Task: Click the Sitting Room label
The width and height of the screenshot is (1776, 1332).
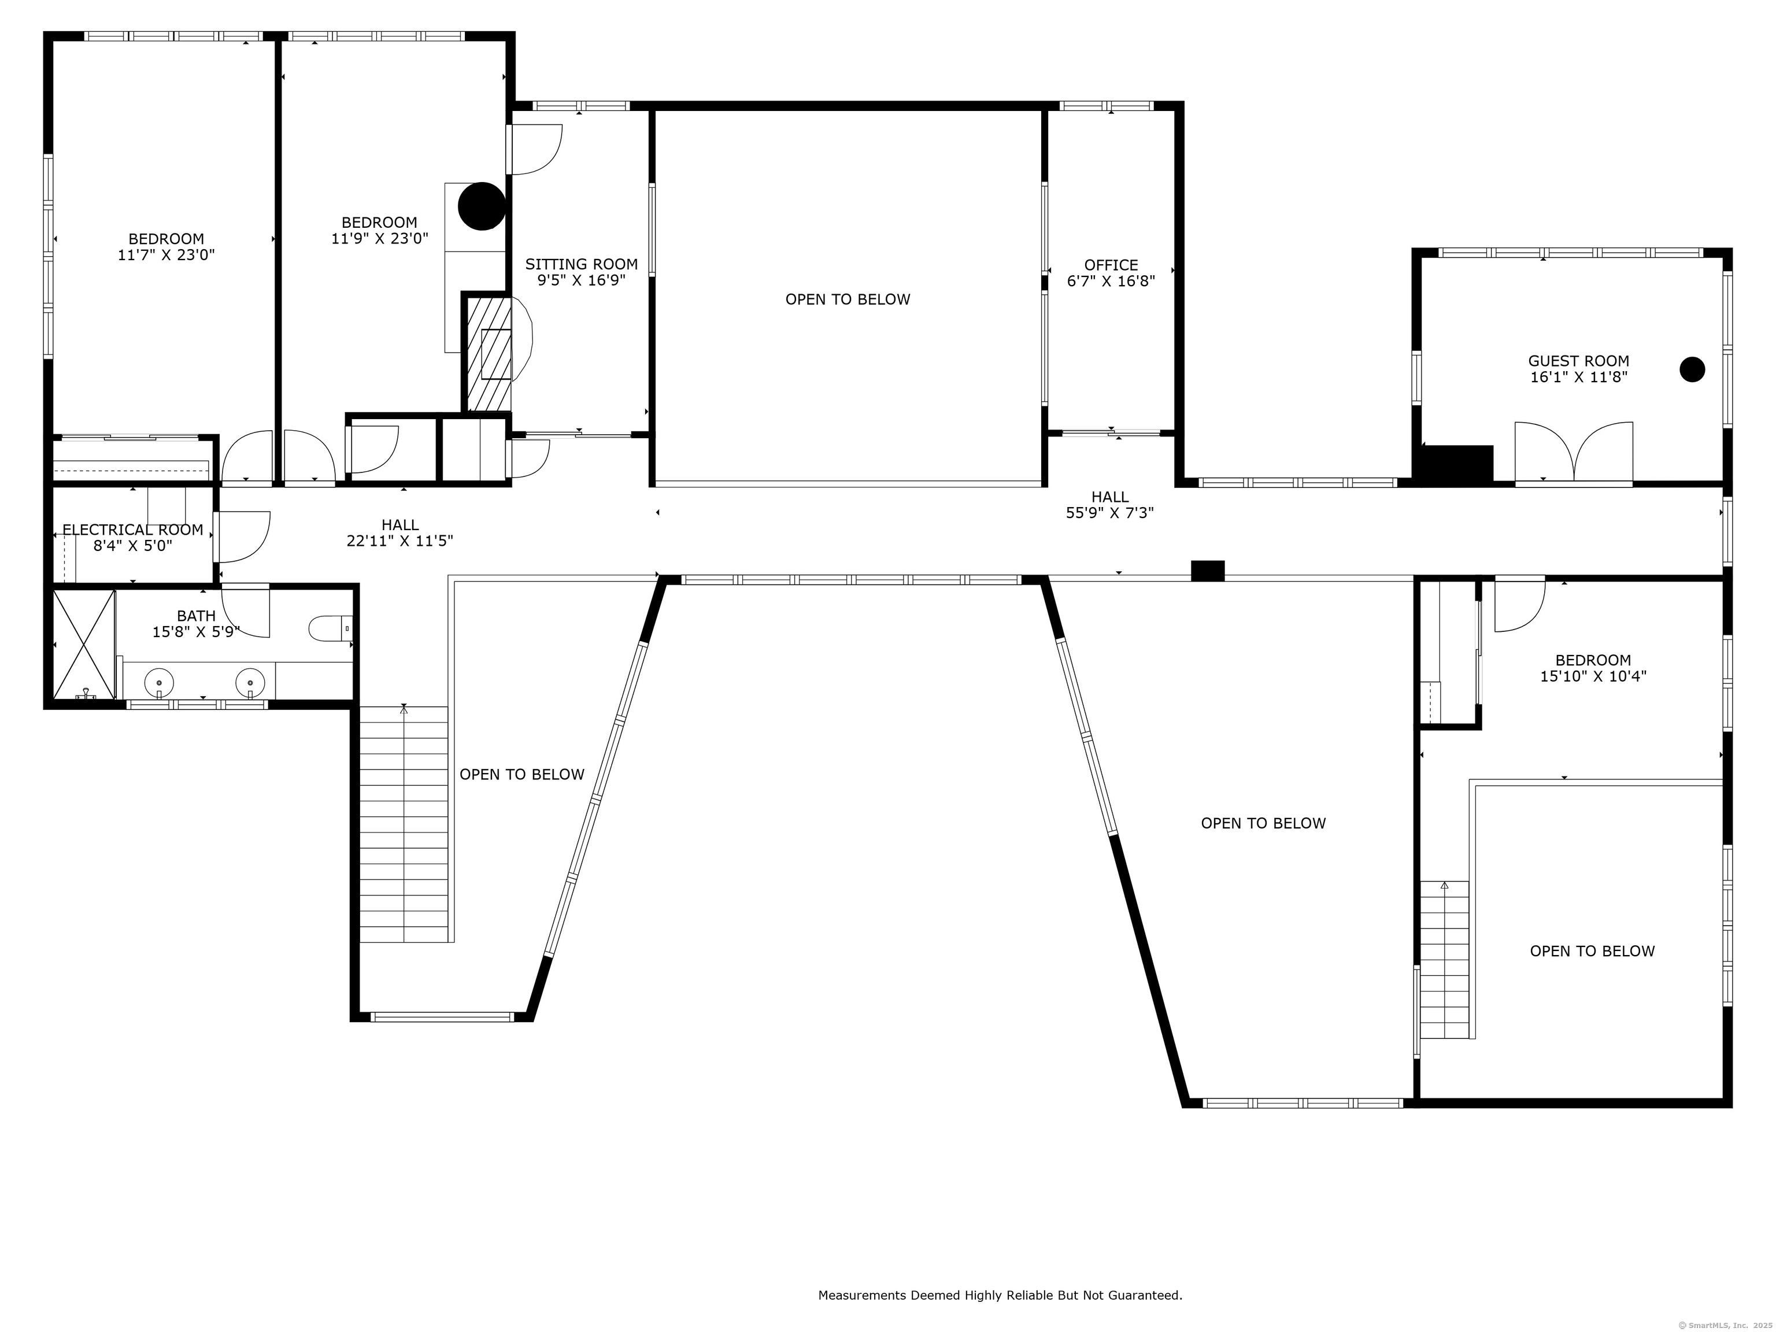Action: coord(581,264)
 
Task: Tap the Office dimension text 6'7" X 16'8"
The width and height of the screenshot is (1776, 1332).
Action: coord(1111,281)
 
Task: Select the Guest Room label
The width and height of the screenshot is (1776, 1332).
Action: coord(1578,361)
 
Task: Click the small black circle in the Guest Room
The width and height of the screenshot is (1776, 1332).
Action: coord(1692,369)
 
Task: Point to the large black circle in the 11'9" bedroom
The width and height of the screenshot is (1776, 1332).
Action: coord(481,206)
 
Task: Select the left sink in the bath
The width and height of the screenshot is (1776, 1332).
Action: coord(159,683)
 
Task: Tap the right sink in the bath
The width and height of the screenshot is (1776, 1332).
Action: coord(250,683)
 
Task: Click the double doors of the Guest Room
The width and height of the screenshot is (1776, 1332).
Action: coord(1573,454)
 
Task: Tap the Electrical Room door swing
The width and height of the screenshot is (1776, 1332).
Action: coord(243,536)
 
